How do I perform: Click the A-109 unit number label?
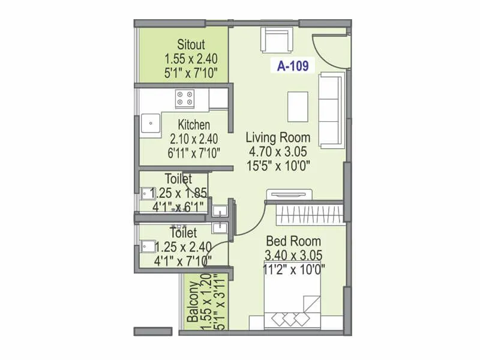tap(293, 67)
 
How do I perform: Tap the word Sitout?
tap(191, 44)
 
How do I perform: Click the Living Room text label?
tap(278, 137)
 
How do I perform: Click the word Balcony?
tap(193, 302)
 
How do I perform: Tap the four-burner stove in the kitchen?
tap(185, 98)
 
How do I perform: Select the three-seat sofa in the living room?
tap(330, 110)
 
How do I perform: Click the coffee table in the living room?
tap(298, 106)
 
